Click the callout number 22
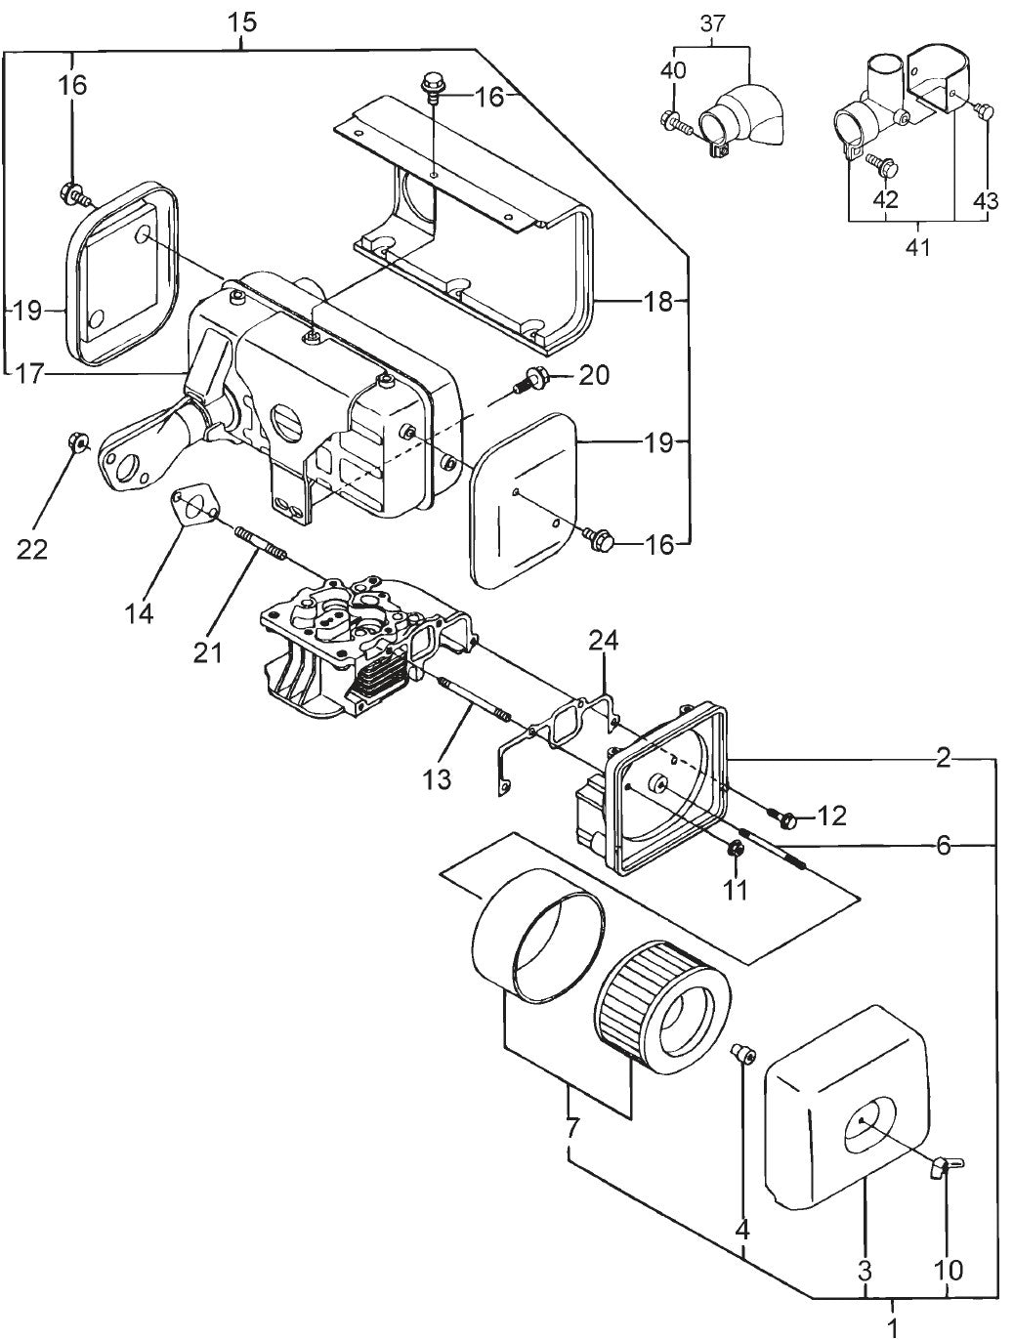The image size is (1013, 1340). tap(32, 549)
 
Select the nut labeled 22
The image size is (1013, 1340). tap(76, 444)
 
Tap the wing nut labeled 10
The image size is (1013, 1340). tap(944, 1165)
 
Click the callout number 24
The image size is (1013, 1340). tap(604, 642)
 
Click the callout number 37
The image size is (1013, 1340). tap(713, 21)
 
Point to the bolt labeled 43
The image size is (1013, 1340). tap(986, 112)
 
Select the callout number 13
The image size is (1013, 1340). tap(438, 777)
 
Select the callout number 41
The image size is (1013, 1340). tap(916, 246)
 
